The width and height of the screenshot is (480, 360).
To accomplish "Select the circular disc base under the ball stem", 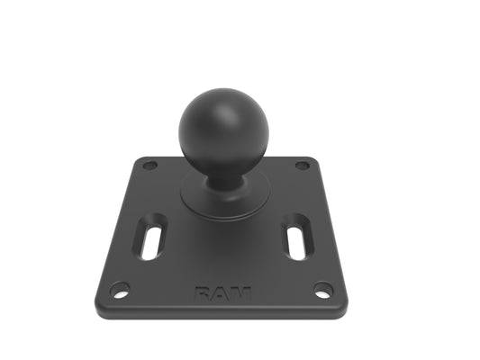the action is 226,196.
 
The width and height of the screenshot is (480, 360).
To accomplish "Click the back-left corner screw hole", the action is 150,166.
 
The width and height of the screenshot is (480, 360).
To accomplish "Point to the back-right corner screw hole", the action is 303,166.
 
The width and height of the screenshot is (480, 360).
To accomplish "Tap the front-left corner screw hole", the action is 120,289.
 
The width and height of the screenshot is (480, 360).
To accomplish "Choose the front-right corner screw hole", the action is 323,290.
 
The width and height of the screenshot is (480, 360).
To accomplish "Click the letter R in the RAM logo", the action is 204,294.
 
